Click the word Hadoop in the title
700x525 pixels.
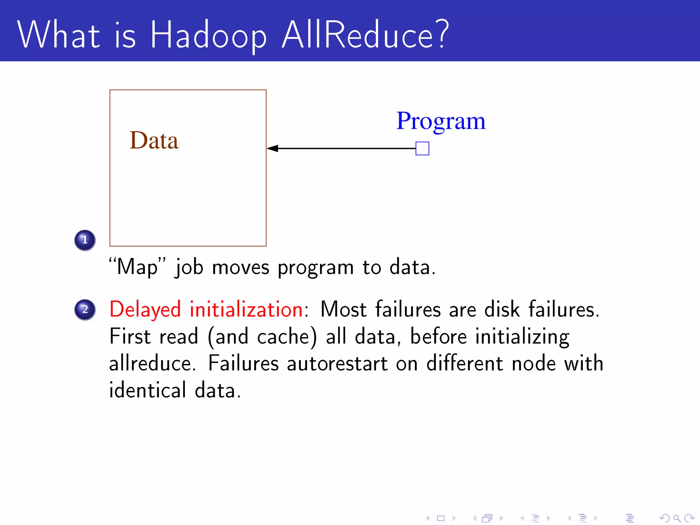pos(208,35)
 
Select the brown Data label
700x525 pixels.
pos(154,140)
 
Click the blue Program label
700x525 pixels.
pos(441,121)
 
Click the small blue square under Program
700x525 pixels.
pos(422,149)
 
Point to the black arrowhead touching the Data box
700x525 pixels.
pos(272,148)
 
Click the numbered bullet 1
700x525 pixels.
pos(85,240)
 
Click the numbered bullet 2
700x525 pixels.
pos(85,310)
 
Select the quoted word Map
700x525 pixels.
pos(137,267)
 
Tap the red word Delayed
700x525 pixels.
pos(145,310)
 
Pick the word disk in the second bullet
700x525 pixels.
pos(502,310)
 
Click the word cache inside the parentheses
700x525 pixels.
pos(283,337)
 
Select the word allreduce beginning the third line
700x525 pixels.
pos(152,363)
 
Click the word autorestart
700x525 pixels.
pos(337,363)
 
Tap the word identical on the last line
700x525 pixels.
pos(148,390)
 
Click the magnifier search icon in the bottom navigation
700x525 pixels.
pos(677,518)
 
